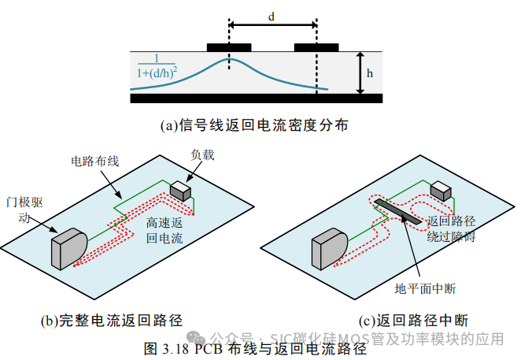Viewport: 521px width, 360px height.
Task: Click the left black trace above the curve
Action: point(228,46)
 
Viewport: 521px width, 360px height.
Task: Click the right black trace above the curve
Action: point(316,46)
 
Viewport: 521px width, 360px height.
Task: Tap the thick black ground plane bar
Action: point(257,98)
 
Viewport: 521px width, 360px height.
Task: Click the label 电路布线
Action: point(94,161)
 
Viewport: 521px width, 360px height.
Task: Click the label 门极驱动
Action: point(28,211)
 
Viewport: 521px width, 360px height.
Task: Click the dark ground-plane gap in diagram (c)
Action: point(398,211)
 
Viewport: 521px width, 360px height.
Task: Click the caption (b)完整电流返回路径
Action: point(112,321)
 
